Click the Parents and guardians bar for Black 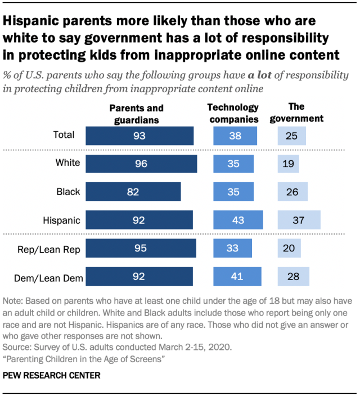point(133,192)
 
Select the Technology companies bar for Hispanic point(237,220)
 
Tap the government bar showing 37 point(299,220)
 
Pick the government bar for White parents point(288,164)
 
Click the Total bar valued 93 point(139,136)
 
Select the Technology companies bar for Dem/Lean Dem point(236,276)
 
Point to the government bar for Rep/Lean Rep point(289,248)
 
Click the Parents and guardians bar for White point(141,164)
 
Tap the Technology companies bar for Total point(235,136)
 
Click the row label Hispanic point(62,220)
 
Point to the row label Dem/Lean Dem point(52,276)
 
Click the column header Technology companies point(233,113)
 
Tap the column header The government point(300,112)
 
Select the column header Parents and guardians point(136,113)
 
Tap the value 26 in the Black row point(292,192)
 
